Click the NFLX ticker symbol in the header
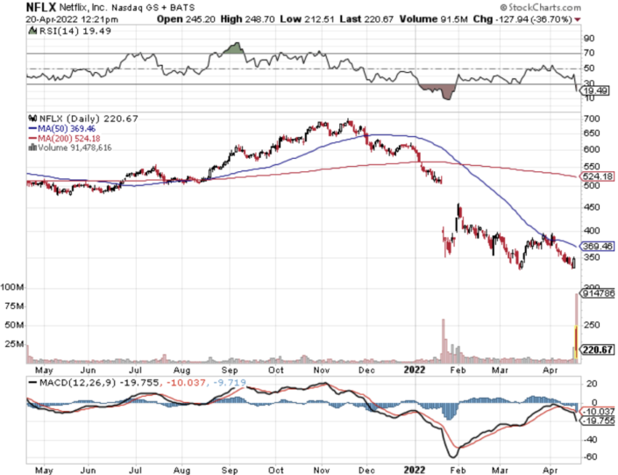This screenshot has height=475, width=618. coord(18,8)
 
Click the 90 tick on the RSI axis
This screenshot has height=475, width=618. coord(589,38)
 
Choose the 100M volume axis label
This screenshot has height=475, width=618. coord(12,287)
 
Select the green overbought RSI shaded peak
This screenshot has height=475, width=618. coord(231,47)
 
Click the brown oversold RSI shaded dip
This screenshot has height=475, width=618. coord(438,90)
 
